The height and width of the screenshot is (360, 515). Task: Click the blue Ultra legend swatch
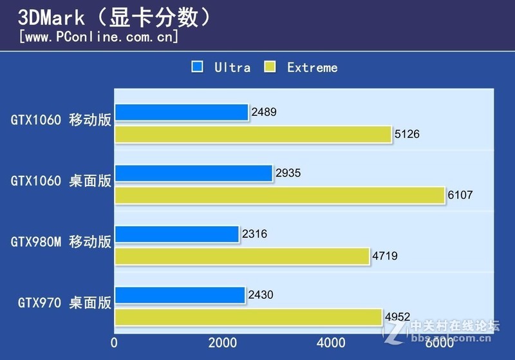[x=198, y=67]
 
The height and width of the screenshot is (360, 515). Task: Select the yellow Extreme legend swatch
[x=270, y=67]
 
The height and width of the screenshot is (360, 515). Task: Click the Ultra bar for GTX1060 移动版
[x=182, y=113]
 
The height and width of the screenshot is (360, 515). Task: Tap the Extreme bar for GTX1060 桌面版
[x=280, y=195]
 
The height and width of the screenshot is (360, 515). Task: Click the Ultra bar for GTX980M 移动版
[x=177, y=234]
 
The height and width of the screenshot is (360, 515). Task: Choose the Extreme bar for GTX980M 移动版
[x=242, y=256]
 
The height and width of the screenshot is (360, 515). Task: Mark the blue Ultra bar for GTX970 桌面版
[x=180, y=296]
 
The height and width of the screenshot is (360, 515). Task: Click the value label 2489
[x=264, y=113]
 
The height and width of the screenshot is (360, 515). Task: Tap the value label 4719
[x=385, y=256]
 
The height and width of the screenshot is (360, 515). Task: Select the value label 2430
[x=261, y=296]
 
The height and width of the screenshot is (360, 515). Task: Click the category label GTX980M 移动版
[x=61, y=242]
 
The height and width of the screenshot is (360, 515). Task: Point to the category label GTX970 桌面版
[x=64, y=303]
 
